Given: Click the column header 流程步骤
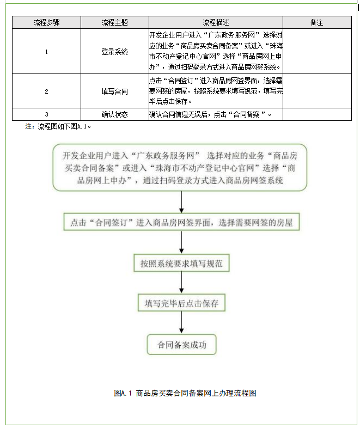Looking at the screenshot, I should [46, 22].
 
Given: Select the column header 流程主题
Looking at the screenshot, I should [114, 22].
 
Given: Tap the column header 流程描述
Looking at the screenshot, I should [216, 22].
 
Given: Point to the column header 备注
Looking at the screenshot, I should [316, 22].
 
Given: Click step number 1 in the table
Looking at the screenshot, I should [46, 52].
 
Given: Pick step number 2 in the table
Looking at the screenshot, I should [46, 91].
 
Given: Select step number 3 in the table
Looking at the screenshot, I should [46, 114].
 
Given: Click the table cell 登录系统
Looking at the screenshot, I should [114, 52].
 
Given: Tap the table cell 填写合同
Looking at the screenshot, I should [114, 91].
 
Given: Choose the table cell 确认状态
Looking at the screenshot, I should [114, 114].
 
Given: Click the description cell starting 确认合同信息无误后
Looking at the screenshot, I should [210, 114].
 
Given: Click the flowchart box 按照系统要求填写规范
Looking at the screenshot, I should [181, 263].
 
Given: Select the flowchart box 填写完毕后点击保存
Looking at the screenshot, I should [181, 303].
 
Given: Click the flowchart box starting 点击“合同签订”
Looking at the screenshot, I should [181, 222].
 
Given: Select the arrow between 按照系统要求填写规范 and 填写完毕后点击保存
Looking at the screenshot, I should [181, 283].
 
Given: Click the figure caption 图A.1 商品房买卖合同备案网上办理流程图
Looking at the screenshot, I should [185, 393].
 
